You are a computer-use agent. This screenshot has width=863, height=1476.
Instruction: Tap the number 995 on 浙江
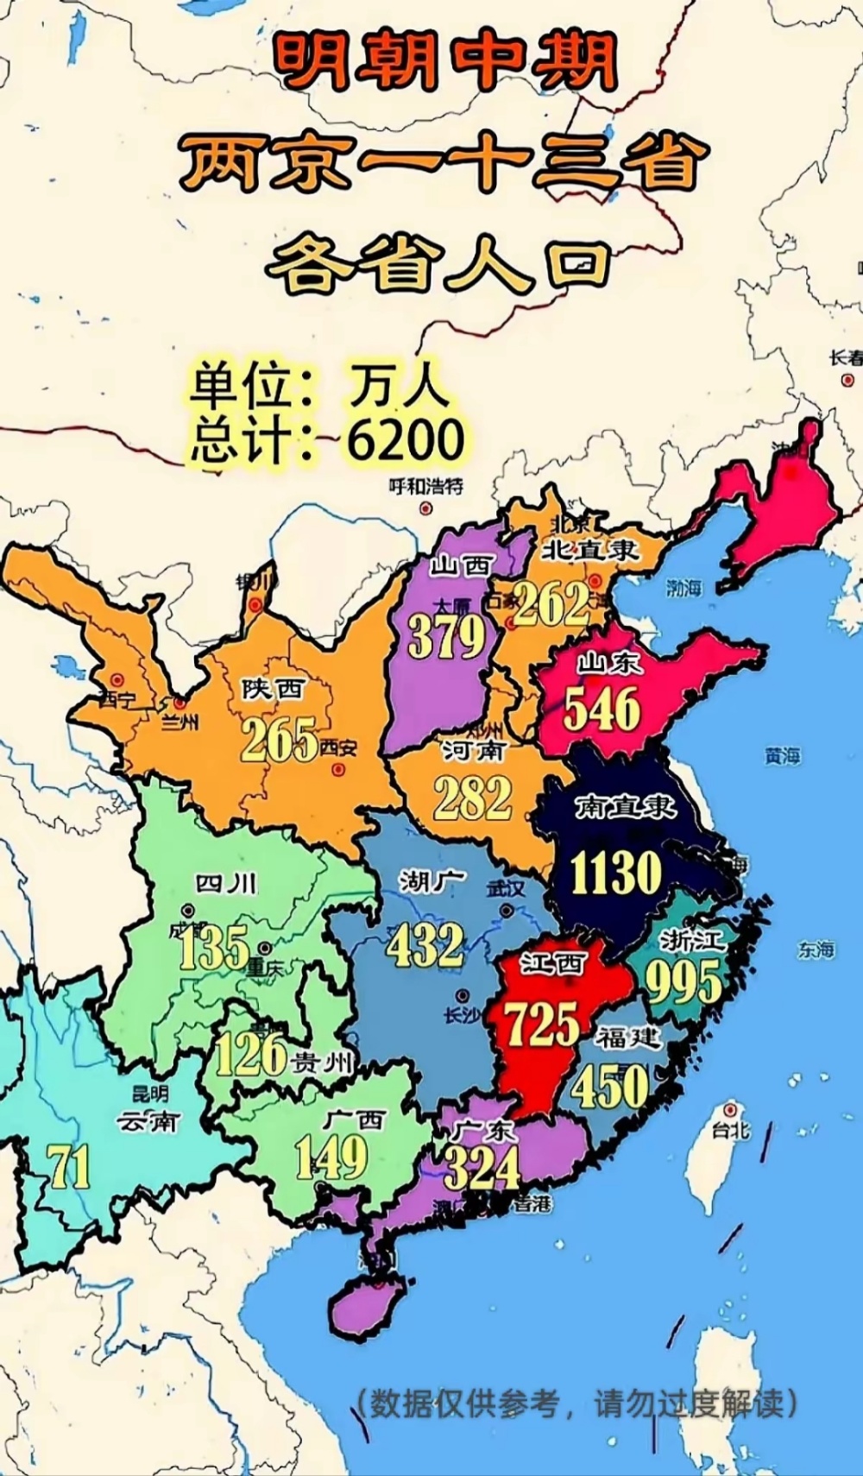pos(683,981)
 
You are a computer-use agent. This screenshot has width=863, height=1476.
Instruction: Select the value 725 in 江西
pos(542,1025)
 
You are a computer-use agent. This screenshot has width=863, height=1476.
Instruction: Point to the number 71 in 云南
pos(70,1167)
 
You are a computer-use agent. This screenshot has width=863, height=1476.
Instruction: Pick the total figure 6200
pos(406,439)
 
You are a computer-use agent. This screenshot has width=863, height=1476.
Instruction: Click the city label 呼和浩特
pos(425,486)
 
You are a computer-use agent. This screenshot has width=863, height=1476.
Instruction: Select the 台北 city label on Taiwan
pos(730,1129)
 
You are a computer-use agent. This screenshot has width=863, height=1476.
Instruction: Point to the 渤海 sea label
pos(683,589)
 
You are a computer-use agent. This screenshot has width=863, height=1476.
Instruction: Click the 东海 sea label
pos(816,949)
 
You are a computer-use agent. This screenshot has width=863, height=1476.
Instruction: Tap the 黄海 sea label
pos(782,756)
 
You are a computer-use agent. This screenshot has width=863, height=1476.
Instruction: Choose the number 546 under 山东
pos(602,710)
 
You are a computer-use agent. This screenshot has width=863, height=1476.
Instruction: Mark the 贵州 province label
pos(321,1063)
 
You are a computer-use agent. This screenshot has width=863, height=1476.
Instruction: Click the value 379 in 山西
pos(447,637)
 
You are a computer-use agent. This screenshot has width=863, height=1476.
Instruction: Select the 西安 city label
pos(337,748)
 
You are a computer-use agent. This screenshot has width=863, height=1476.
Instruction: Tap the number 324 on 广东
pos(482,1169)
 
